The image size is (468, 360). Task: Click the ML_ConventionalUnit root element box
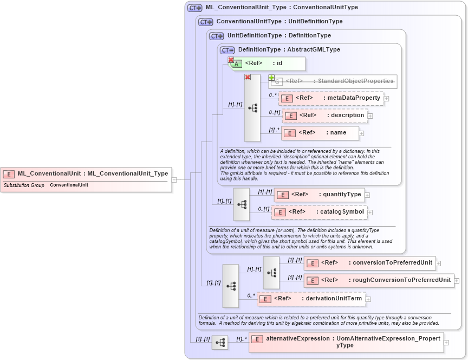pyautogui.click(x=87, y=173)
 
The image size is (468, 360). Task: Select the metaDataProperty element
pyautogui.click(x=331, y=98)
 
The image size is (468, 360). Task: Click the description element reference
pyautogui.click(x=325, y=115)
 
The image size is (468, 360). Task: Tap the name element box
pyautogui.click(x=320, y=133)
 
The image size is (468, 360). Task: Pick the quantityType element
pyautogui.click(x=319, y=195)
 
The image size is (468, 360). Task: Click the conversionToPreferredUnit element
pyautogui.click(x=369, y=263)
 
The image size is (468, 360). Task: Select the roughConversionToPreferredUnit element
pyautogui.click(x=379, y=280)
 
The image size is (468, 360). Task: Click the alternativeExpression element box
pyautogui.click(x=346, y=342)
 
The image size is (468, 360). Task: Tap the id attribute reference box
pyautogui.click(x=268, y=63)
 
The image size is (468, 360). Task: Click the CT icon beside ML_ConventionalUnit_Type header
pyautogui.click(x=194, y=8)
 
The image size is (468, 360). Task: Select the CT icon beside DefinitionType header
pyautogui.click(x=227, y=50)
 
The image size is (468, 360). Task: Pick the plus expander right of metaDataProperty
pyautogui.click(x=387, y=99)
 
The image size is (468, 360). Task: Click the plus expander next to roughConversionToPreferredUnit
pyautogui.click(x=457, y=281)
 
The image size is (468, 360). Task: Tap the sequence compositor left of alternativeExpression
pyautogui.click(x=220, y=343)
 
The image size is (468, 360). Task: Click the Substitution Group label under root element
pyautogui.click(x=24, y=185)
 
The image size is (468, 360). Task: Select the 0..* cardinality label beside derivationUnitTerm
pyautogui.click(x=251, y=295)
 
